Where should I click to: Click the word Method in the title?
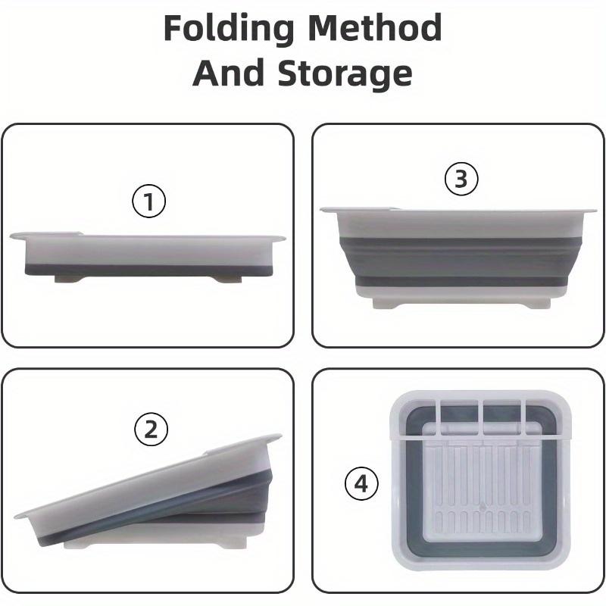click(374, 30)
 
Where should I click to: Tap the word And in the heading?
click(228, 74)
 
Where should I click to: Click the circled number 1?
click(148, 201)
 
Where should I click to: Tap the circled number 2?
click(150, 430)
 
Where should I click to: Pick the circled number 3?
click(461, 180)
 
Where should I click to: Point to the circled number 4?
click(361, 483)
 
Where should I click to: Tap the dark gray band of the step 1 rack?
click(148, 269)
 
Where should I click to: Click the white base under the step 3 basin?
click(461, 301)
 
